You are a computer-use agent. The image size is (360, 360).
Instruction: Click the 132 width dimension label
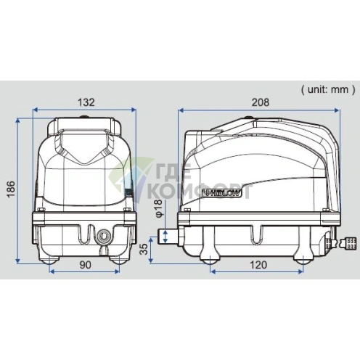[x=86, y=102]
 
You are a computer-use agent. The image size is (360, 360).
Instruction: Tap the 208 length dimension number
[x=261, y=102]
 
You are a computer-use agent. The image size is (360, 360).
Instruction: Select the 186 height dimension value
[x=11, y=189]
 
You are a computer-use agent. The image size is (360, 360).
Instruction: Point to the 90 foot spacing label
[x=86, y=265]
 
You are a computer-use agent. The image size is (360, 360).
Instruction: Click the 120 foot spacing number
[x=258, y=265]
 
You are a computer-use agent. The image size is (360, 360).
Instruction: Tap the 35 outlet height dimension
[x=144, y=249]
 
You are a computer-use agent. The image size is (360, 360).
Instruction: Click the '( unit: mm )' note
[x=328, y=89]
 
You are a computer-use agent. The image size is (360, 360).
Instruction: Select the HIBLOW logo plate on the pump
[x=221, y=193]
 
